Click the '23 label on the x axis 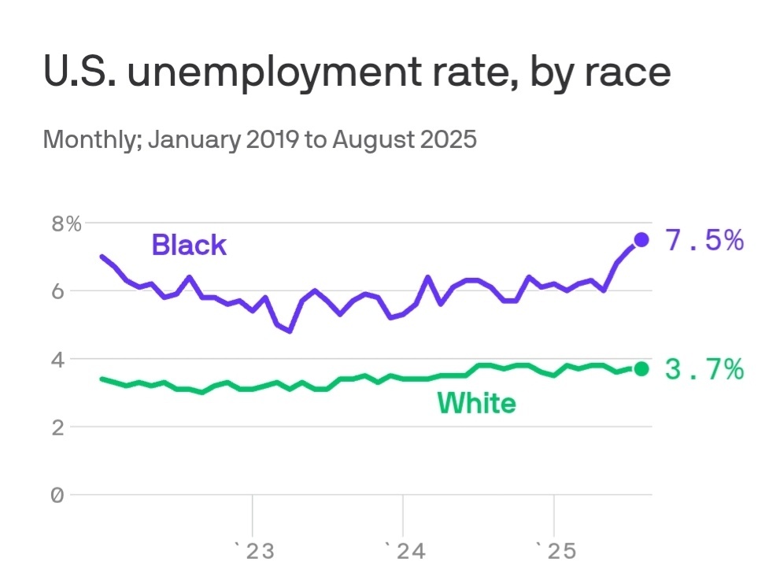click(254, 550)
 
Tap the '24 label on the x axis click(405, 550)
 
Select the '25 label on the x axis click(556, 550)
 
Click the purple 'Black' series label click(189, 245)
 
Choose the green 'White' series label click(476, 404)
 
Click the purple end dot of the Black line click(641, 239)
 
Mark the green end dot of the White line click(641, 368)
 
